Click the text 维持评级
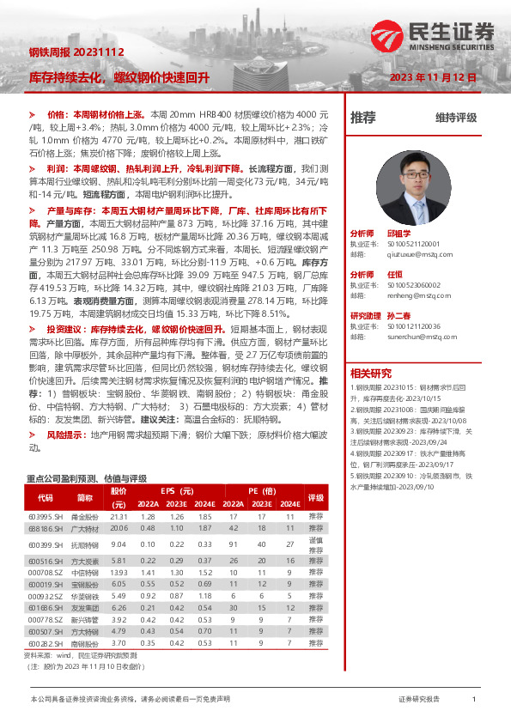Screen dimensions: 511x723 [455, 118]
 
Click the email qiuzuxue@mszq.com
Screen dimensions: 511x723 [413, 254]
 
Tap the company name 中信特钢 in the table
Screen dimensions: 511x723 [84, 571]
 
